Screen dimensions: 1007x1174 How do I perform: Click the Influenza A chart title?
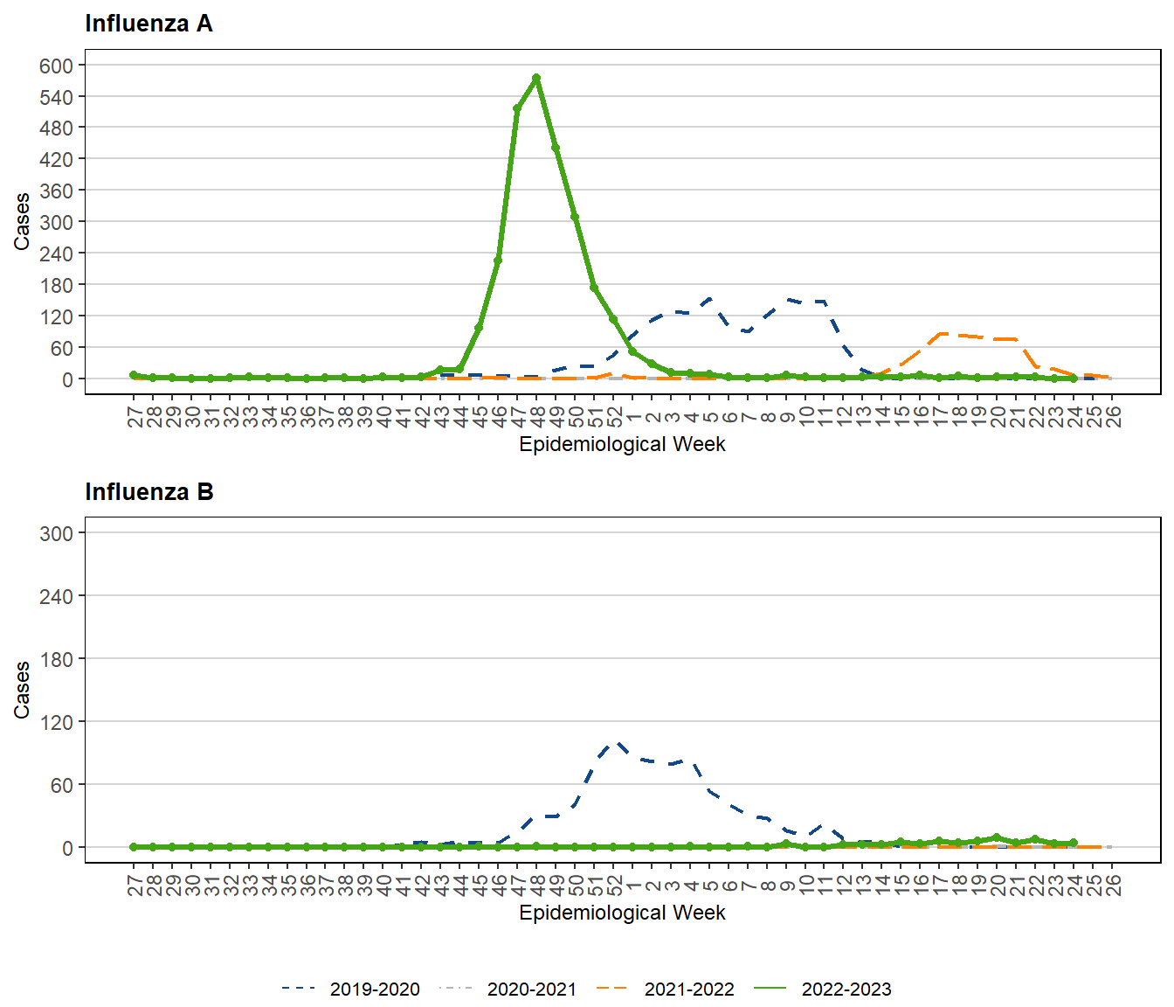coord(148,24)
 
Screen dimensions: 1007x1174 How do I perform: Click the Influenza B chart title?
coord(148,492)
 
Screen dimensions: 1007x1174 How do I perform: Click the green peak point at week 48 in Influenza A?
coord(536,78)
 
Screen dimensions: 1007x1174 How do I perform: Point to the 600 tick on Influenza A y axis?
coord(57,66)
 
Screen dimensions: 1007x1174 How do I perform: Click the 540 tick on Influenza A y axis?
coord(57,97)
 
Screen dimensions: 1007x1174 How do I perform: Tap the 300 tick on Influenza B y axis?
coord(57,533)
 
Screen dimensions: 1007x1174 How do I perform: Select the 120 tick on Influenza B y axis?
coord(57,722)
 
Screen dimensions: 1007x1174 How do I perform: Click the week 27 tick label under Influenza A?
coord(135,416)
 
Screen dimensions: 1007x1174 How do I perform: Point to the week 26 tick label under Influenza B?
coord(1112,885)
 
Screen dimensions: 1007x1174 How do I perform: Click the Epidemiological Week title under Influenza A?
coord(622,444)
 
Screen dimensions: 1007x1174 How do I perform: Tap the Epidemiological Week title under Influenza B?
coord(622,913)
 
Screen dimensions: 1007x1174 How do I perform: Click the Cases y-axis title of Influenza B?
coord(22,690)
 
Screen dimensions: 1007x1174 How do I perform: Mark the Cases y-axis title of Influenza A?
coord(22,221)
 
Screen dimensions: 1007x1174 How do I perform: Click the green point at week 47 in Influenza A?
coord(517,108)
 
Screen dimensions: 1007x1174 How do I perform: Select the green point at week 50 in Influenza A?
coord(575,217)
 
